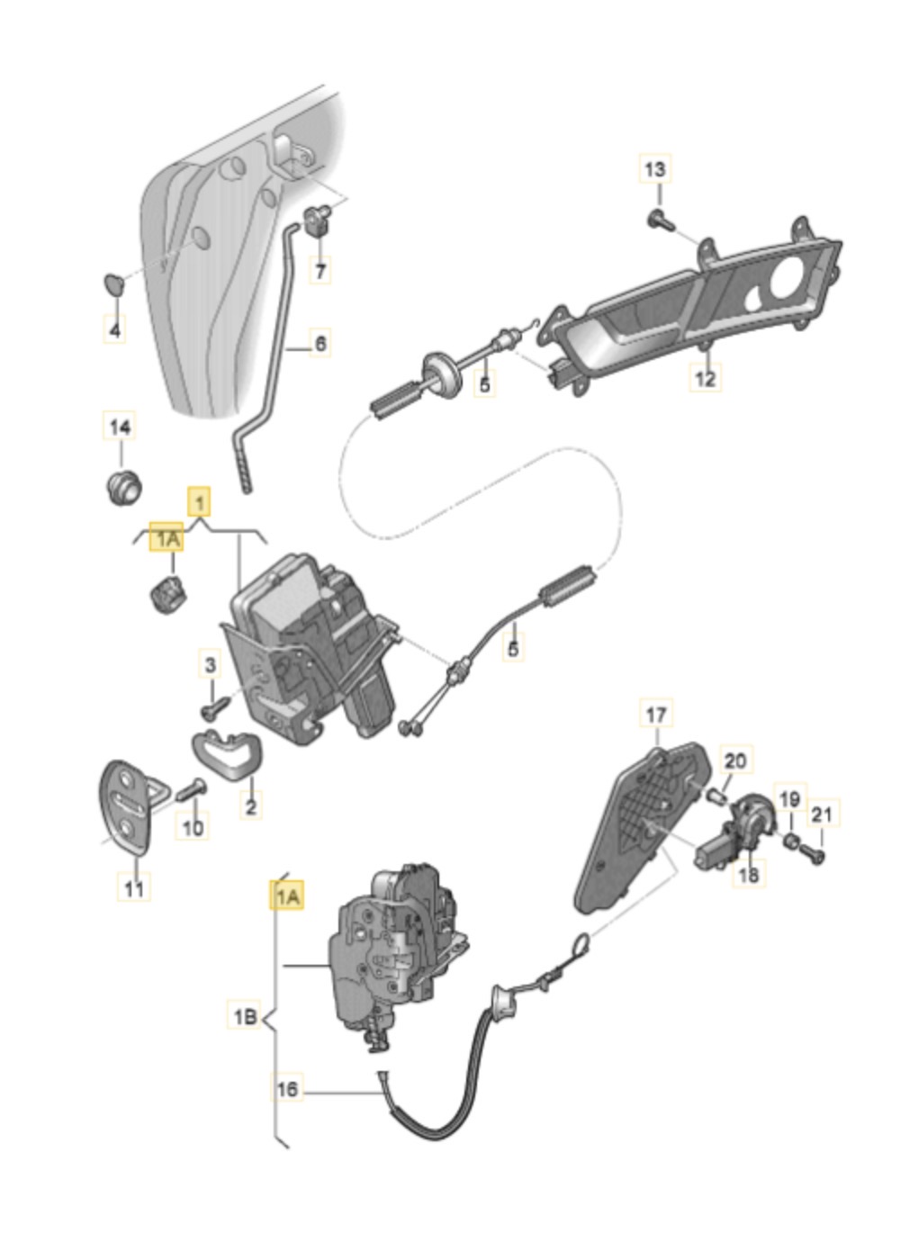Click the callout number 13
click(x=655, y=168)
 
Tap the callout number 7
click(x=320, y=268)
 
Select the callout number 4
click(x=114, y=330)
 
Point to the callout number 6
click(x=320, y=343)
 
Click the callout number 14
click(x=120, y=427)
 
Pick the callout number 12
click(x=706, y=378)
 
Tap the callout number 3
click(x=211, y=666)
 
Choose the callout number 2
click(x=250, y=805)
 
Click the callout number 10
click(x=194, y=825)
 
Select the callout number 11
click(x=133, y=888)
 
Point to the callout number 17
click(x=656, y=715)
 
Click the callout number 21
click(x=821, y=815)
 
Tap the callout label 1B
click(x=243, y=1017)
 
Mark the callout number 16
click(x=287, y=1089)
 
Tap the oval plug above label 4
click(x=112, y=284)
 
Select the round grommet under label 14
click(x=120, y=486)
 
